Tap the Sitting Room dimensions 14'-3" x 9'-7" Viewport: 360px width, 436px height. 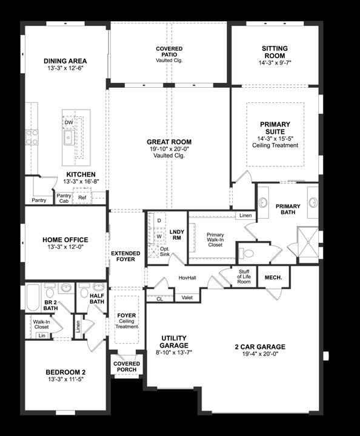(275, 62)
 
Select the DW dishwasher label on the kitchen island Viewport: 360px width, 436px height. (68, 123)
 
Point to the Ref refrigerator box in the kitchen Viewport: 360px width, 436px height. (82, 197)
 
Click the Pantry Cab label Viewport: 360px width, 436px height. (64, 198)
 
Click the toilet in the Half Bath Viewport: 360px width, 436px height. (85, 292)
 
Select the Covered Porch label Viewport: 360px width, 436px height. (126, 367)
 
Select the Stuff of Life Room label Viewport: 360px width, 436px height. (244, 277)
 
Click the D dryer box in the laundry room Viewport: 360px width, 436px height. (159, 222)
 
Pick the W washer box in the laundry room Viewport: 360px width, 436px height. (159, 236)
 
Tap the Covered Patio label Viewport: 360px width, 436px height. (169, 54)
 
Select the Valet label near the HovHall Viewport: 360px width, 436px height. (187, 297)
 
